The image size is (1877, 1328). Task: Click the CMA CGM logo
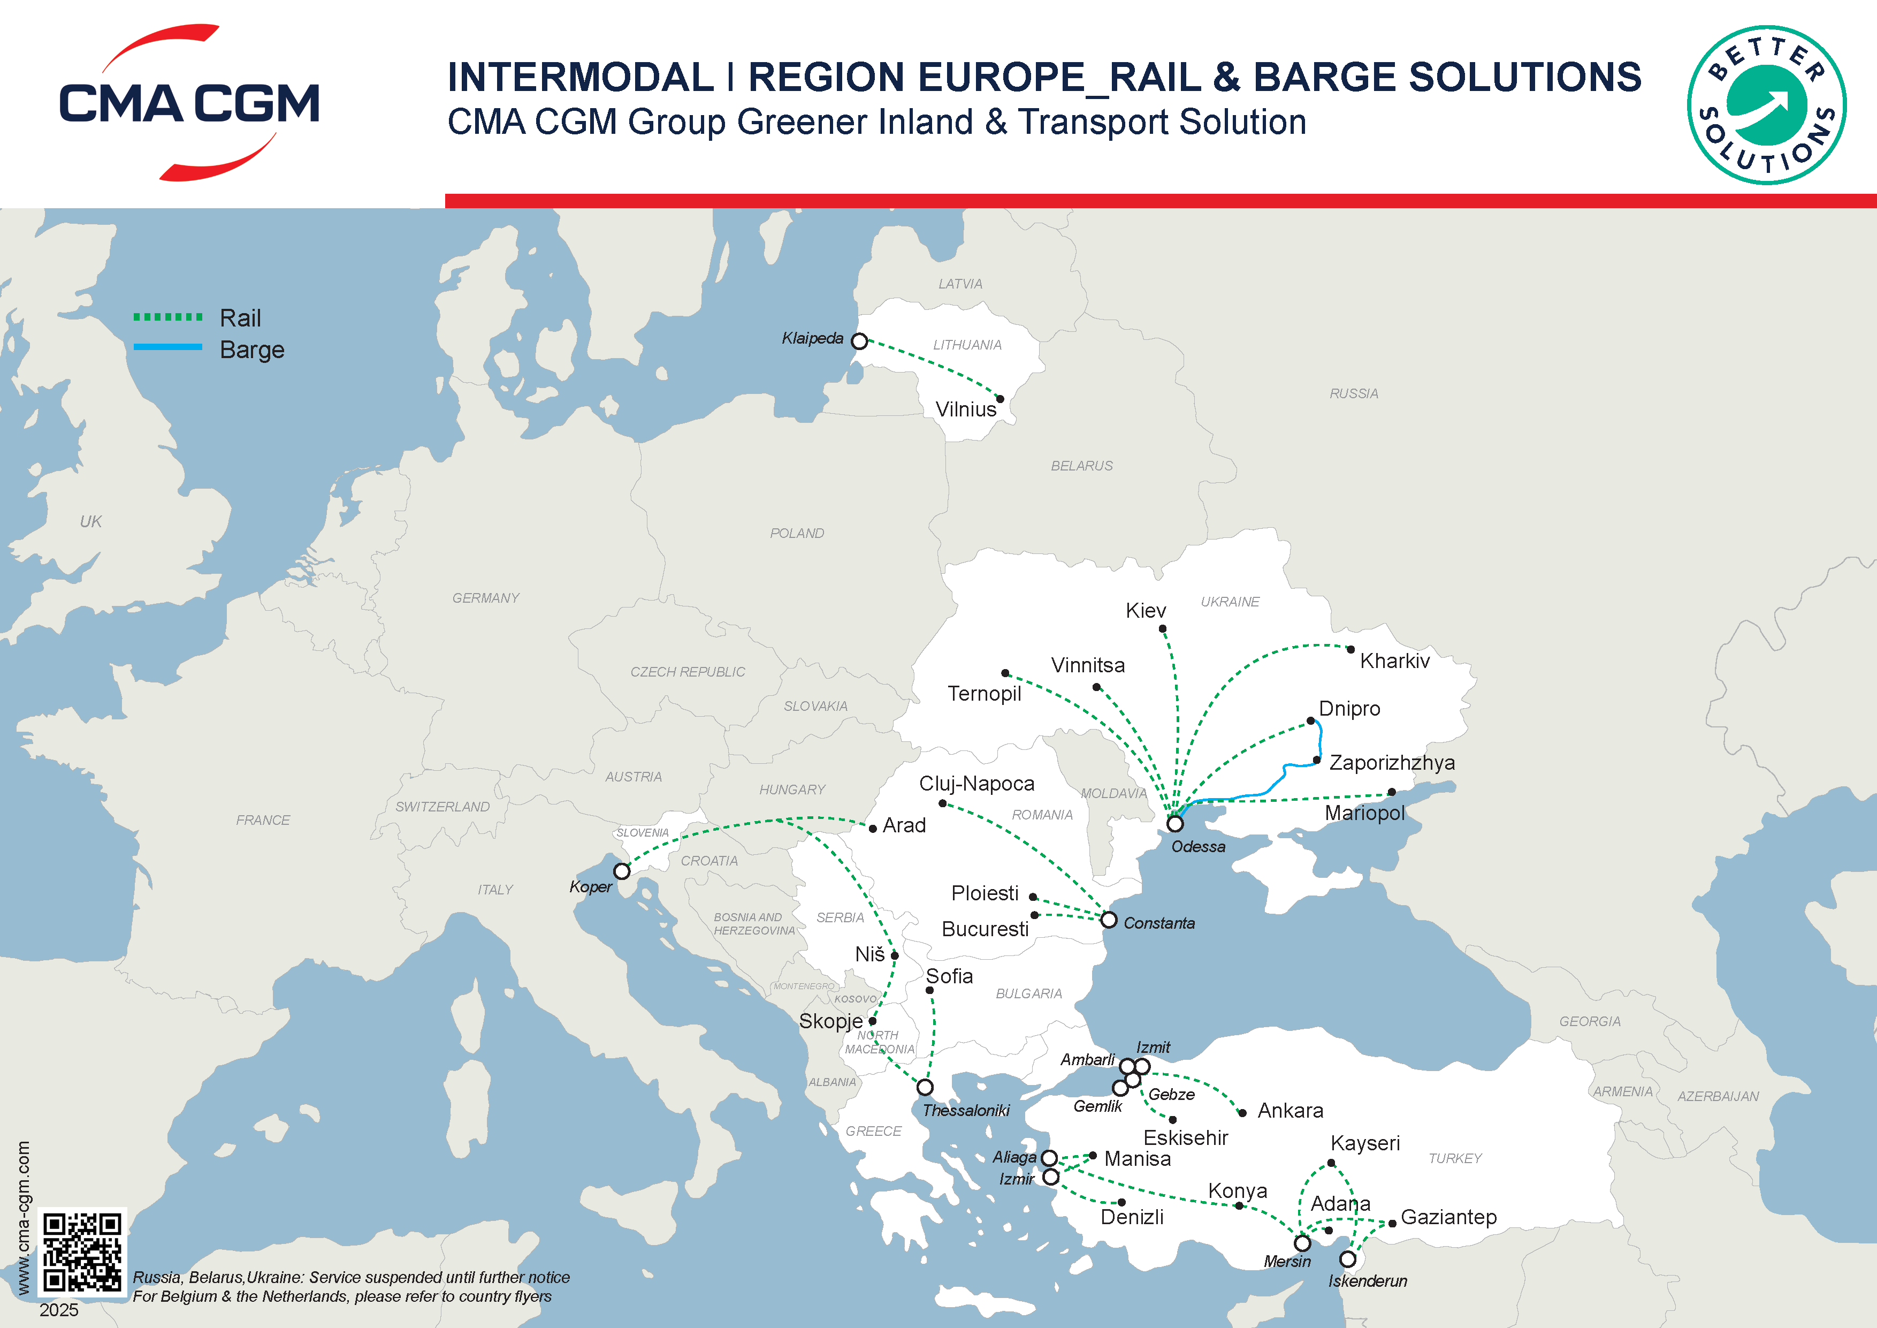point(189,103)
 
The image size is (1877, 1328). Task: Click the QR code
point(82,1251)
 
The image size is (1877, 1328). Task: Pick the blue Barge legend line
point(167,347)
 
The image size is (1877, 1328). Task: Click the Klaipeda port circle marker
point(859,341)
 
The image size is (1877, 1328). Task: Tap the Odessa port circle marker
point(1175,823)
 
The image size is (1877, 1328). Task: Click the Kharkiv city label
point(1395,661)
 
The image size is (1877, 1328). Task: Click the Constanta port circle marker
point(1109,920)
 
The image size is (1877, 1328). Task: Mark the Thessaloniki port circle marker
point(925,1088)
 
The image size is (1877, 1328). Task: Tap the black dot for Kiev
point(1163,629)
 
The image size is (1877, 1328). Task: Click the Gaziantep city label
point(1448,1217)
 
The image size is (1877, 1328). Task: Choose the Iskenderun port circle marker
point(1348,1259)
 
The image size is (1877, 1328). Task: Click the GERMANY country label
point(486,598)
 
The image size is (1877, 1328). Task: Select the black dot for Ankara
point(1242,1113)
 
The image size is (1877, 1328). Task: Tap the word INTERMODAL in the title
point(581,78)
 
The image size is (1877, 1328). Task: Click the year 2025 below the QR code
point(59,1310)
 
